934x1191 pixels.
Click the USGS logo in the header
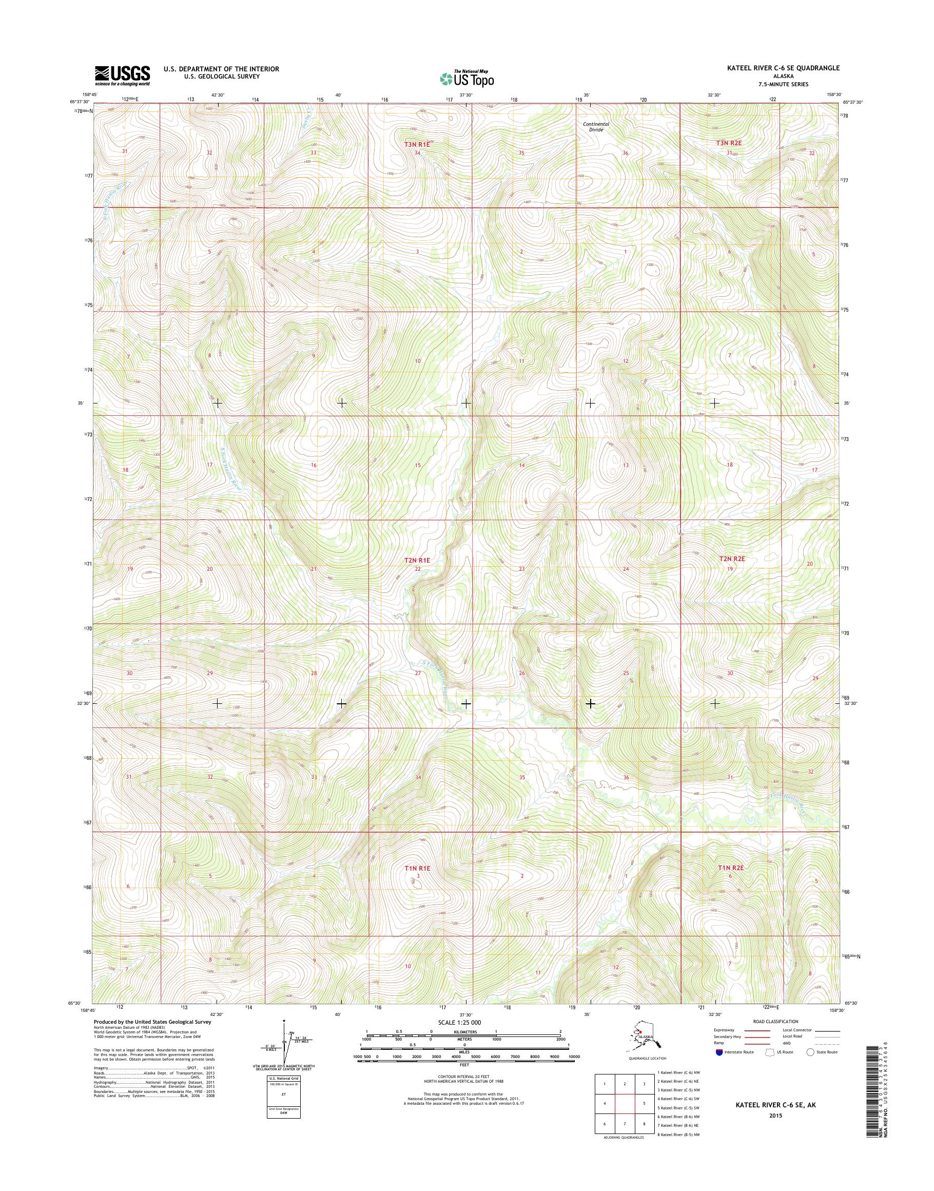[123, 75]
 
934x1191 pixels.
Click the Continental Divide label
[595, 127]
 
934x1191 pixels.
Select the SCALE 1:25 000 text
[459, 1023]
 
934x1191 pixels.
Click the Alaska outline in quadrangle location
[636, 1040]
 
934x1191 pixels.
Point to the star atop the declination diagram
[284, 1021]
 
